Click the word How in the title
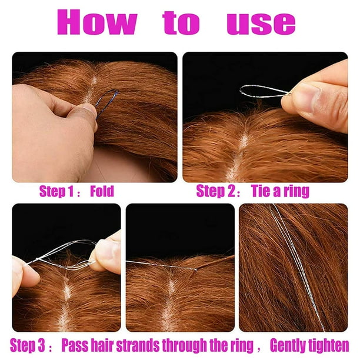97,22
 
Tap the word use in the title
261,24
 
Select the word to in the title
181,23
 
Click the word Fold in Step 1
102,191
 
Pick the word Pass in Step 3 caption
75,345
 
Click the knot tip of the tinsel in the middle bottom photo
195,269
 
